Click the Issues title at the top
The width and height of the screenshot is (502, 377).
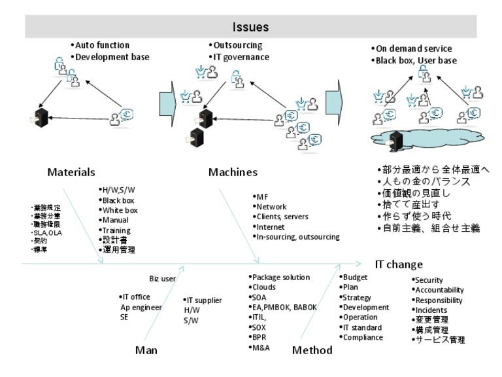tap(251, 27)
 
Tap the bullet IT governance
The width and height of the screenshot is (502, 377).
tap(240, 57)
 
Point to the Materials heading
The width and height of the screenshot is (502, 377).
tap(71, 173)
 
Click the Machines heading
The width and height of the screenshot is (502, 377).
tap(233, 173)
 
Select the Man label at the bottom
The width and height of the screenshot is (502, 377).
tap(146, 350)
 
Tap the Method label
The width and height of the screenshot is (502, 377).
tap(312, 350)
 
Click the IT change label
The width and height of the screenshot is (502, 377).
tap(398, 264)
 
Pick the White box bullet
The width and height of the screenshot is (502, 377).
tap(120, 210)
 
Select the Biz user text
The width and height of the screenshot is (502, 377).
tap(162, 278)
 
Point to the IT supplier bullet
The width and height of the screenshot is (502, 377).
tap(203, 300)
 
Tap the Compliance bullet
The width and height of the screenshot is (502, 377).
tap(364, 337)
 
